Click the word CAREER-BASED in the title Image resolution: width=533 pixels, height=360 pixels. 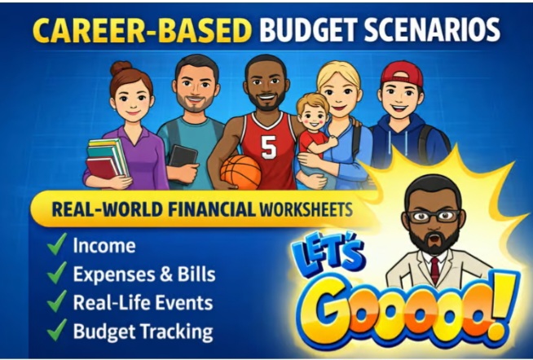pyautogui.click(x=142, y=31)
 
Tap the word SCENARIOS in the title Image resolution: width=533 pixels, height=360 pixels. pyautogui.click(x=432, y=30)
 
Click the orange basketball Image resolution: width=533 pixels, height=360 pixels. pyautogui.click(x=240, y=172)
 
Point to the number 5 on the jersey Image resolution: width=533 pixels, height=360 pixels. pyautogui.click(x=269, y=147)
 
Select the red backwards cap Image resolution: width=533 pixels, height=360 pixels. pyautogui.click(x=402, y=74)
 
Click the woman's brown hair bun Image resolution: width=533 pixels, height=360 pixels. pyautogui.click(x=121, y=68)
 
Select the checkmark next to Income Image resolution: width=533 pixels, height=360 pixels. pyautogui.click(x=57, y=244)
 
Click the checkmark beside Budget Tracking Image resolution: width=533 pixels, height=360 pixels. pyautogui.click(x=57, y=329)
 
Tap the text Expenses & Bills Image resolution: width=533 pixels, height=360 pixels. pyautogui.click(x=144, y=274)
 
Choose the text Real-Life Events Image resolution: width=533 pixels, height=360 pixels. pyautogui.click(x=143, y=302)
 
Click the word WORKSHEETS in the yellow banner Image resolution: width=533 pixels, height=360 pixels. pyautogui.click(x=306, y=209)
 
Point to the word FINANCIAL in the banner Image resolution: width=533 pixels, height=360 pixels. pyautogui.click(x=211, y=209)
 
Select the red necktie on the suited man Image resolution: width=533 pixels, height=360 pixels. pyautogui.click(x=434, y=270)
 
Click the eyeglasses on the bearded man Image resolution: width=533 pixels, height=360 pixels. pyautogui.click(x=434, y=216)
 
